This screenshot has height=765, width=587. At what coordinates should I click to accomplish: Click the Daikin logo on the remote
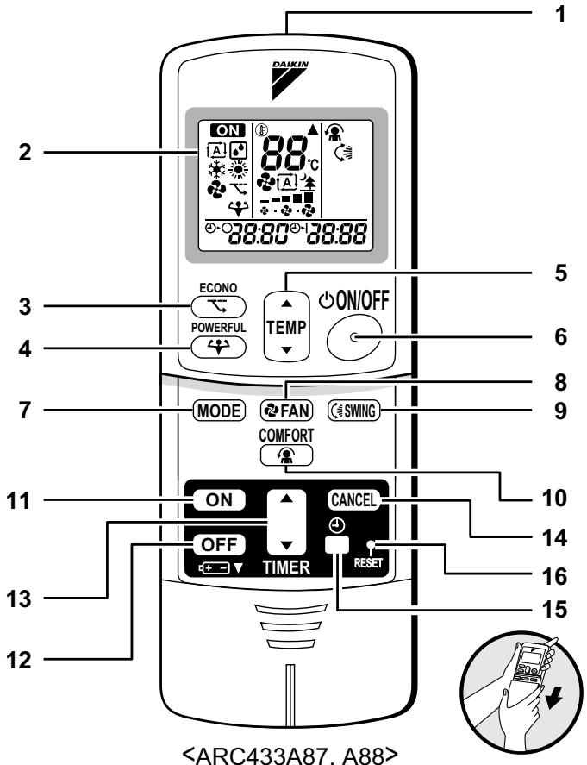(x=290, y=79)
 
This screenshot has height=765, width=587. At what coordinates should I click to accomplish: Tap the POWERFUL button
(x=218, y=348)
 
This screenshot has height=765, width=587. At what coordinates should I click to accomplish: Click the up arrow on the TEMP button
(x=287, y=304)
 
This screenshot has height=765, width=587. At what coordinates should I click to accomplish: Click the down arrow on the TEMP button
(x=287, y=350)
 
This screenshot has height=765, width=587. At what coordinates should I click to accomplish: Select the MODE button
(x=219, y=411)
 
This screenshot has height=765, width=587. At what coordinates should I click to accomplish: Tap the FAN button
(x=286, y=411)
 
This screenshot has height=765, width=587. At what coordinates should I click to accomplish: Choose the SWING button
(x=353, y=411)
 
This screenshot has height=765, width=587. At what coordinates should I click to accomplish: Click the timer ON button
(x=219, y=499)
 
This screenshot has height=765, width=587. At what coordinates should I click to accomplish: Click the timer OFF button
(x=219, y=544)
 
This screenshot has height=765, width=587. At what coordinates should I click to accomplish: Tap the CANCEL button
(x=353, y=499)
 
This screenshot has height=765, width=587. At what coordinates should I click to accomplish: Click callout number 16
(x=555, y=576)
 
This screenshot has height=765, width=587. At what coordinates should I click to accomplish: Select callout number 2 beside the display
(x=25, y=152)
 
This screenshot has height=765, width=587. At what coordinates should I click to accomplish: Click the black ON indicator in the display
(x=228, y=130)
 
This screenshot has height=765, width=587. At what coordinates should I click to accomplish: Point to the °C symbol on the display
(x=313, y=164)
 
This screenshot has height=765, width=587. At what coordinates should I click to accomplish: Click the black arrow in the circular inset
(x=554, y=699)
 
